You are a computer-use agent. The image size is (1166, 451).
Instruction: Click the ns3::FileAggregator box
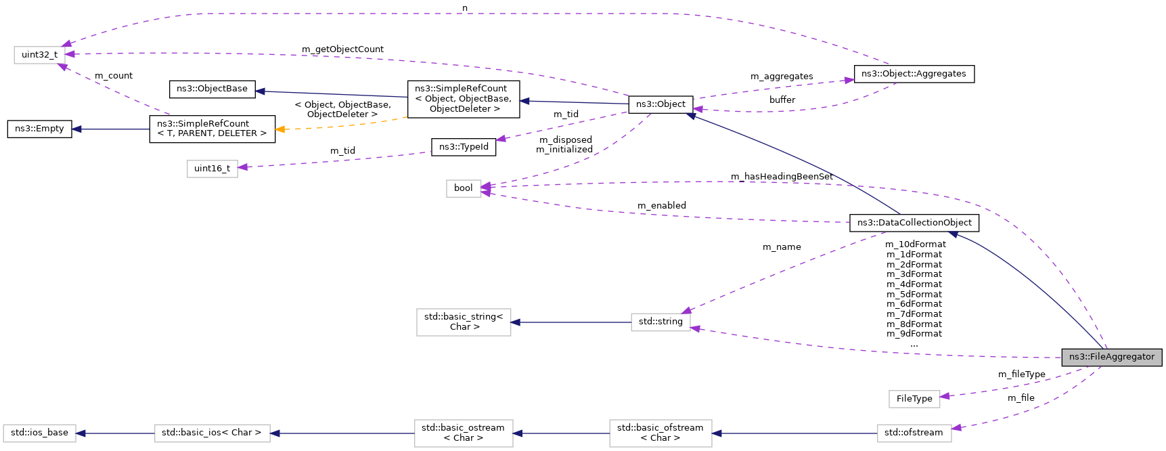point(1111,357)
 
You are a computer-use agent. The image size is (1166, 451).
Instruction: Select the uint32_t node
point(39,55)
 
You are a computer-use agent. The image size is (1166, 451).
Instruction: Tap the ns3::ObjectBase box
point(212,89)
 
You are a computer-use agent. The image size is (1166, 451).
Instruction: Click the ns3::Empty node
point(39,129)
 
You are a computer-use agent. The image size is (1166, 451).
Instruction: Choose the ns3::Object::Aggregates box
point(914,74)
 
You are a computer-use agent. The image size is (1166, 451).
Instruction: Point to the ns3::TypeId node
point(464,147)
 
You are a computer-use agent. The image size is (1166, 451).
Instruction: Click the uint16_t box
point(212,169)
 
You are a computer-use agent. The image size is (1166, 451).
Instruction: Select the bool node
point(463,188)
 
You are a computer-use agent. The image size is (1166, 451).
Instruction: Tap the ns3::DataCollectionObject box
point(914,223)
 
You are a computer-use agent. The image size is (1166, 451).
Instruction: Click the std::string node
point(660,322)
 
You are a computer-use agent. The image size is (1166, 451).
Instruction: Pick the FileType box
point(914,399)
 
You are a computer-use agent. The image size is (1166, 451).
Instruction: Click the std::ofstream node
point(914,433)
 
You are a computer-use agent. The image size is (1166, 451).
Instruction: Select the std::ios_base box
point(39,433)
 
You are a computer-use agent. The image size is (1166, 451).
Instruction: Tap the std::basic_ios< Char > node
point(212,433)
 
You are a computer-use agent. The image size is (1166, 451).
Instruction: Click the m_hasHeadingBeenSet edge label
point(782,177)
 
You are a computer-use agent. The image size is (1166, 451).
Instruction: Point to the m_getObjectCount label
point(342,49)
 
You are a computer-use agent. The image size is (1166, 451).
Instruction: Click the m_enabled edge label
point(661,206)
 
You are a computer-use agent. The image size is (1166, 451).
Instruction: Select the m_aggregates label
point(782,77)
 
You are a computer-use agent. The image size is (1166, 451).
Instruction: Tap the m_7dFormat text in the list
point(914,314)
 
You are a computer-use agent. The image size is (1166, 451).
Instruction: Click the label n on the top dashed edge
point(465,8)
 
